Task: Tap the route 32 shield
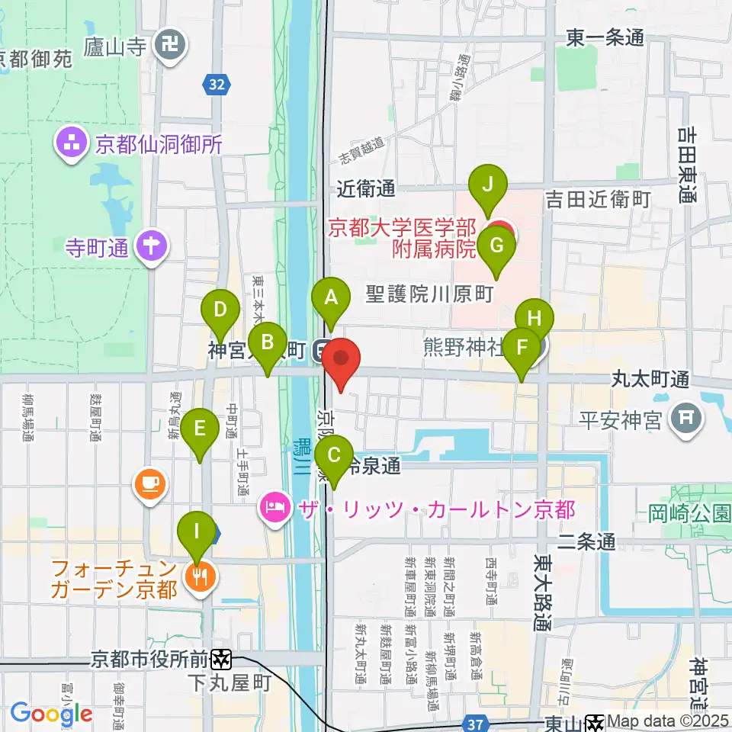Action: [x=217, y=84]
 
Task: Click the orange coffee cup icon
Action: [x=149, y=483]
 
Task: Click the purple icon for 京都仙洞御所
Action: [x=71, y=143]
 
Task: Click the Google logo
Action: [x=51, y=714]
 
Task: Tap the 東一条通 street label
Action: [x=606, y=36]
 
